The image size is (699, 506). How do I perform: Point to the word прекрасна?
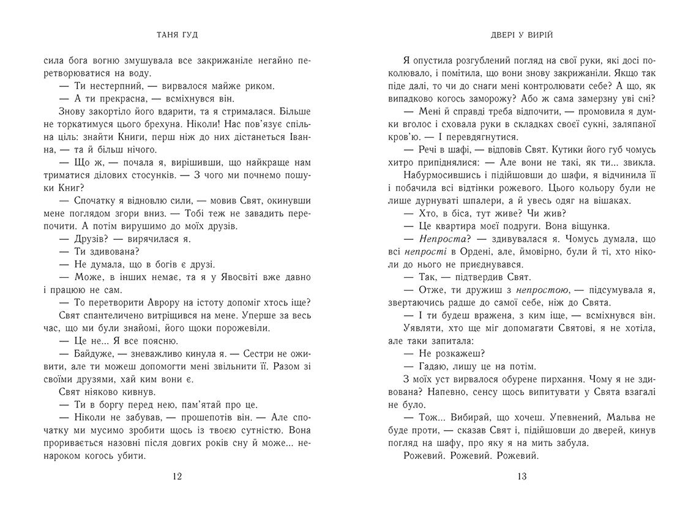coord(117,99)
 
